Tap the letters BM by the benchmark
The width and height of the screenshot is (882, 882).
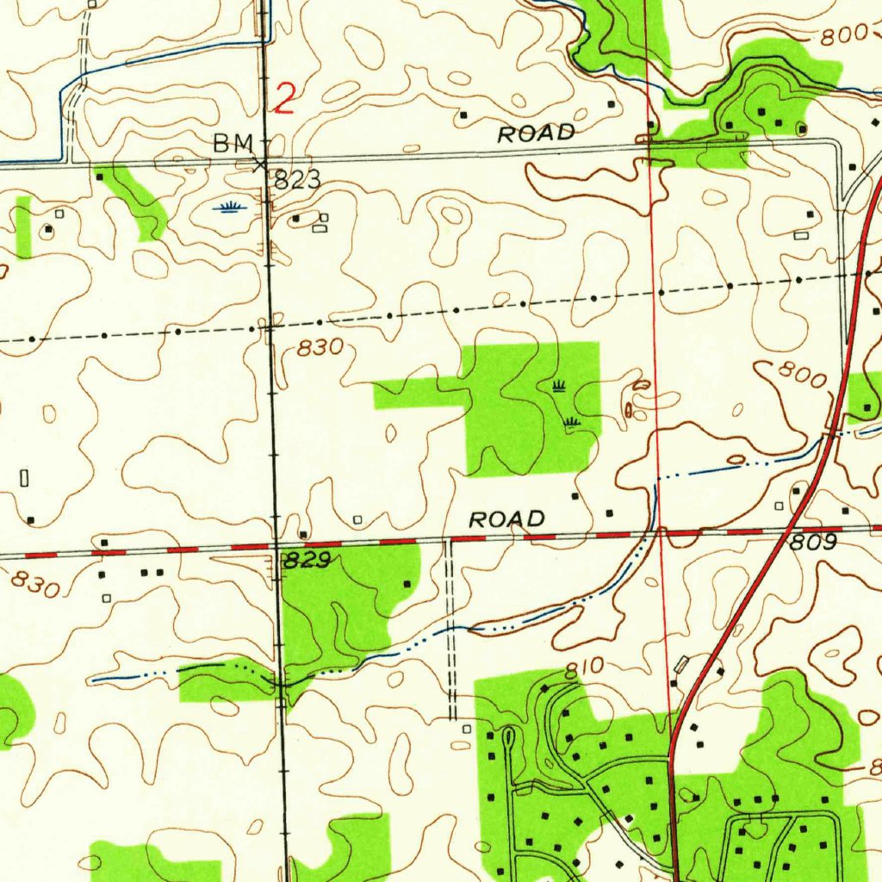(x=234, y=143)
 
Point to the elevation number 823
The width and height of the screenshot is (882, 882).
(x=298, y=180)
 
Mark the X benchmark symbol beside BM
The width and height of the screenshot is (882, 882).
(x=260, y=164)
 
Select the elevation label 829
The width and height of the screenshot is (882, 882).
(x=307, y=562)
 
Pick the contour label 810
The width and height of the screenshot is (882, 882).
(x=585, y=668)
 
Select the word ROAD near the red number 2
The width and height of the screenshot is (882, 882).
(x=536, y=134)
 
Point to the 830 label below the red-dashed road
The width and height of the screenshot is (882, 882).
(x=35, y=585)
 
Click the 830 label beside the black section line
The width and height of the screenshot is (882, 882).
(x=320, y=348)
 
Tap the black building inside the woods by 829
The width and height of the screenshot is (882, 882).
(x=407, y=584)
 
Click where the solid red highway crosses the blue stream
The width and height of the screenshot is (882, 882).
(x=828, y=437)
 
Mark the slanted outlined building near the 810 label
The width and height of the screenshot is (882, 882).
(x=683, y=664)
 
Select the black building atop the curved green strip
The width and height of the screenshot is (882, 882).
(x=100, y=176)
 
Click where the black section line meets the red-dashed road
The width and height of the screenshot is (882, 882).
(x=276, y=546)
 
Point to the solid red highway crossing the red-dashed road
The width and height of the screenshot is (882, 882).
(x=788, y=532)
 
